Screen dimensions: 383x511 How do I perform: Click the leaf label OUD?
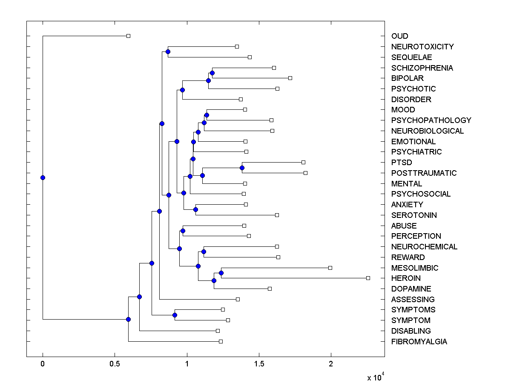(399, 36)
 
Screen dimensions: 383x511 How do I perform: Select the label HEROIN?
(406, 278)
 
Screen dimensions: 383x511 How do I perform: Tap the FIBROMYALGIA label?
(419, 342)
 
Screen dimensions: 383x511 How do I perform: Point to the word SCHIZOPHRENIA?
(422, 68)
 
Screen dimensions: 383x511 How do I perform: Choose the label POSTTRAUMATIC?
(424, 173)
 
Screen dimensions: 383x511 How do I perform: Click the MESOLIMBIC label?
(414, 268)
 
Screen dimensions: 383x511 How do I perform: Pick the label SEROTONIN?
(414, 215)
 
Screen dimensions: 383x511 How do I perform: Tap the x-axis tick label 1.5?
(258, 363)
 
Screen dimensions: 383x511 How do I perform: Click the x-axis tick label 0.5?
(115, 363)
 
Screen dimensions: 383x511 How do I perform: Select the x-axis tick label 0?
(43, 363)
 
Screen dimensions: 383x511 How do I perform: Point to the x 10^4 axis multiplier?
(376, 377)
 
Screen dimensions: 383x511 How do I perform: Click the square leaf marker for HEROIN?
(368, 278)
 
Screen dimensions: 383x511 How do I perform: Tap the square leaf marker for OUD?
(128, 36)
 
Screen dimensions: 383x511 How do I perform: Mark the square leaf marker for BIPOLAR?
(290, 78)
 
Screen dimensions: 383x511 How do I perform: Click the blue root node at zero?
(43, 177)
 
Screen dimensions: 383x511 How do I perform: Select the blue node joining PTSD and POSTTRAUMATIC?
(242, 168)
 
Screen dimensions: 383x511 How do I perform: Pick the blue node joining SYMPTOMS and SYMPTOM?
(175, 315)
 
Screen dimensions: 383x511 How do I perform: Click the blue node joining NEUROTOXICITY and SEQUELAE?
(168, 51)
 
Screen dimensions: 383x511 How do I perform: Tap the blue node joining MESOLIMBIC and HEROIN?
(221, 273)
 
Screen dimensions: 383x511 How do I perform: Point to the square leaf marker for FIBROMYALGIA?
(221, 341)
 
